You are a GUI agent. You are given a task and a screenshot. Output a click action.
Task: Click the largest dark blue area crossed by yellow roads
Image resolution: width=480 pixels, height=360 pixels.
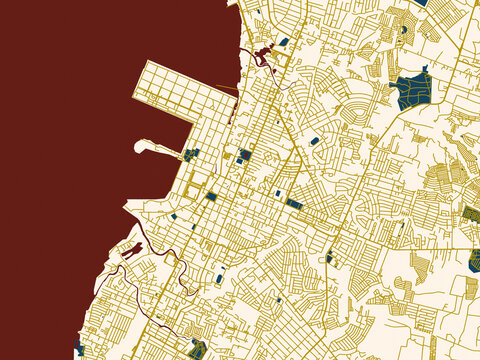coord(412,91)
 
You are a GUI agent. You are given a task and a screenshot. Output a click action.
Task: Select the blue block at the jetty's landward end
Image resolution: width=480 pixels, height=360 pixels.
coord(190,154)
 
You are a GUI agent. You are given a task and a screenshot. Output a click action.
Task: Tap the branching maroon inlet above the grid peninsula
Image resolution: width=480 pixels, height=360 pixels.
coord(265,52)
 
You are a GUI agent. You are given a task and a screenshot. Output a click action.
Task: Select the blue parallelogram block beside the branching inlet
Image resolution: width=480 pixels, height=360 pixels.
coord(284,42)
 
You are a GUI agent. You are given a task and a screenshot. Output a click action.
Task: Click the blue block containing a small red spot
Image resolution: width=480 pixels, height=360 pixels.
coord(245,155)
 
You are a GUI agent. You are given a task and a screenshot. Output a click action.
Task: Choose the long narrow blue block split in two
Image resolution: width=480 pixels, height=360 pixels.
coord(294,203)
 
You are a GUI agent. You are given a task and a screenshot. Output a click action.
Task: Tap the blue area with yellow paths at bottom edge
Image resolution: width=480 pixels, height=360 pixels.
coord(198,350)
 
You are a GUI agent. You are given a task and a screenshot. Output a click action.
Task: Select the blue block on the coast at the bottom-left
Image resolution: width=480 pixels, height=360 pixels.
coord(79,351)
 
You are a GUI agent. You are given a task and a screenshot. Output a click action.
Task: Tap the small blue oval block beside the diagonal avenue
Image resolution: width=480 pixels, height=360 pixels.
coord(315,142)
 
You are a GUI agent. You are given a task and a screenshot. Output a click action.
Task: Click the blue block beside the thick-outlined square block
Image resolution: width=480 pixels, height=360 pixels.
coord(211,197)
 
